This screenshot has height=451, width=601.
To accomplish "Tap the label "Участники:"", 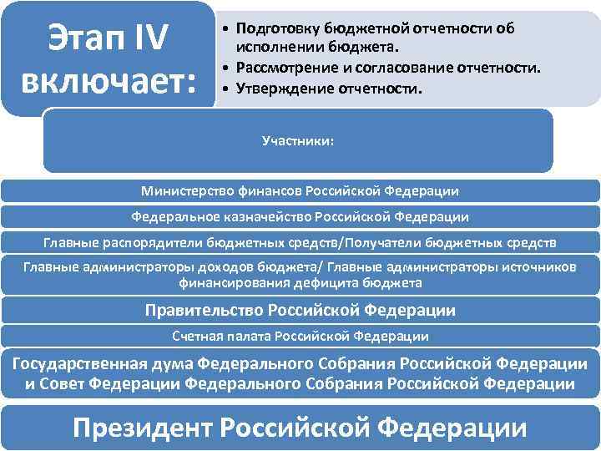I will click(x=298, y=141).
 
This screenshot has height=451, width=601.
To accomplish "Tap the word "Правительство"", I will click(x=204, y=311).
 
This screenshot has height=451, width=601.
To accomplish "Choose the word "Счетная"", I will click(x=195, y=337).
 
